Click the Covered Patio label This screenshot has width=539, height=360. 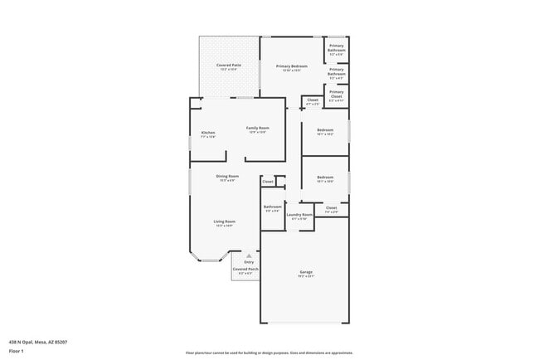click(229, 65)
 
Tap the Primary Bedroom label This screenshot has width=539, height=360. click(292, 66)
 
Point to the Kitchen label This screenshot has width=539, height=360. click(208, 133)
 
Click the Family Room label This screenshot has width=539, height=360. click(258, 128)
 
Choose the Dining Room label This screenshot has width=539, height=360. click(227, 176)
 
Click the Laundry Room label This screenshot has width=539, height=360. click(299, 214)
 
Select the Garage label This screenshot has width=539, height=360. click(306, 271)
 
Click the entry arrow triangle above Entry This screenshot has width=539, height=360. click(248, 255)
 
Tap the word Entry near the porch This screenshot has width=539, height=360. click(249, 262)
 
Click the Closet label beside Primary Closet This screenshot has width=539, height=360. click(313, 100)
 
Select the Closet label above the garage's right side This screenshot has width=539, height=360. click(331, 207)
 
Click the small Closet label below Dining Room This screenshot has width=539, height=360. click(267, 181)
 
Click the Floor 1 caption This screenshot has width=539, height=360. click(17, 351)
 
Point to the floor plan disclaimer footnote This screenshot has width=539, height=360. click(269, 352)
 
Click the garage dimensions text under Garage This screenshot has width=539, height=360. click(306, 276)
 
